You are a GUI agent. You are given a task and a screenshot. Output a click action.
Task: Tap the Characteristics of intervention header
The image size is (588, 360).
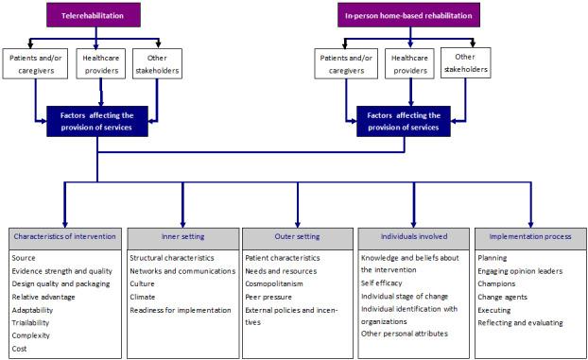pyautogui.click(x=64, y=235)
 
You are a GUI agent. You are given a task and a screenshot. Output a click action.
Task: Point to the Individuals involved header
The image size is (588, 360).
pyautogui.click(x=412, y=235)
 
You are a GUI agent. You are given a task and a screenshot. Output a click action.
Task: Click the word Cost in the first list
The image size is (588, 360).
pyautogui.click(x=21, y=348)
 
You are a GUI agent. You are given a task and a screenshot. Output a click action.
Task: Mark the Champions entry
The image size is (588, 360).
pyautogui.click(x=497, y=283)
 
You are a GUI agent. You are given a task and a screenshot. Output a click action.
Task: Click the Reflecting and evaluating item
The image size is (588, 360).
pyautogui.click(x=520, y=322)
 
